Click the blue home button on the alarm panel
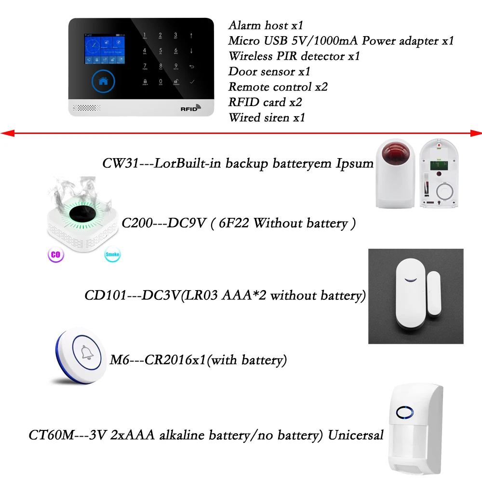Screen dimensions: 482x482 pyautogui.click(x=103, y=81)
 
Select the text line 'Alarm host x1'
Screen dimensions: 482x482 pyautogui.click(x=266, y=25)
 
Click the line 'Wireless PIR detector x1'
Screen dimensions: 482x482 pyautogui.click(x=294, y=56)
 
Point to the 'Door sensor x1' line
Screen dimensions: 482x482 pyautogui.click(x=269, y=71)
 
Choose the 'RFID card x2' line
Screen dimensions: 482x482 pyautogui.click(x=265, y=102)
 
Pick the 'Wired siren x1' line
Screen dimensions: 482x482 pyautogui.click(x=267, y=118)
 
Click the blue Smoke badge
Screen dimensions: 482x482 pyautogui.click(x=112, y=254)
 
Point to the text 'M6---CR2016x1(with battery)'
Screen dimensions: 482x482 pyautogui.click(x=196, y=360)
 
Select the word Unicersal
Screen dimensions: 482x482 pyautogui.click(x=356, y=435)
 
